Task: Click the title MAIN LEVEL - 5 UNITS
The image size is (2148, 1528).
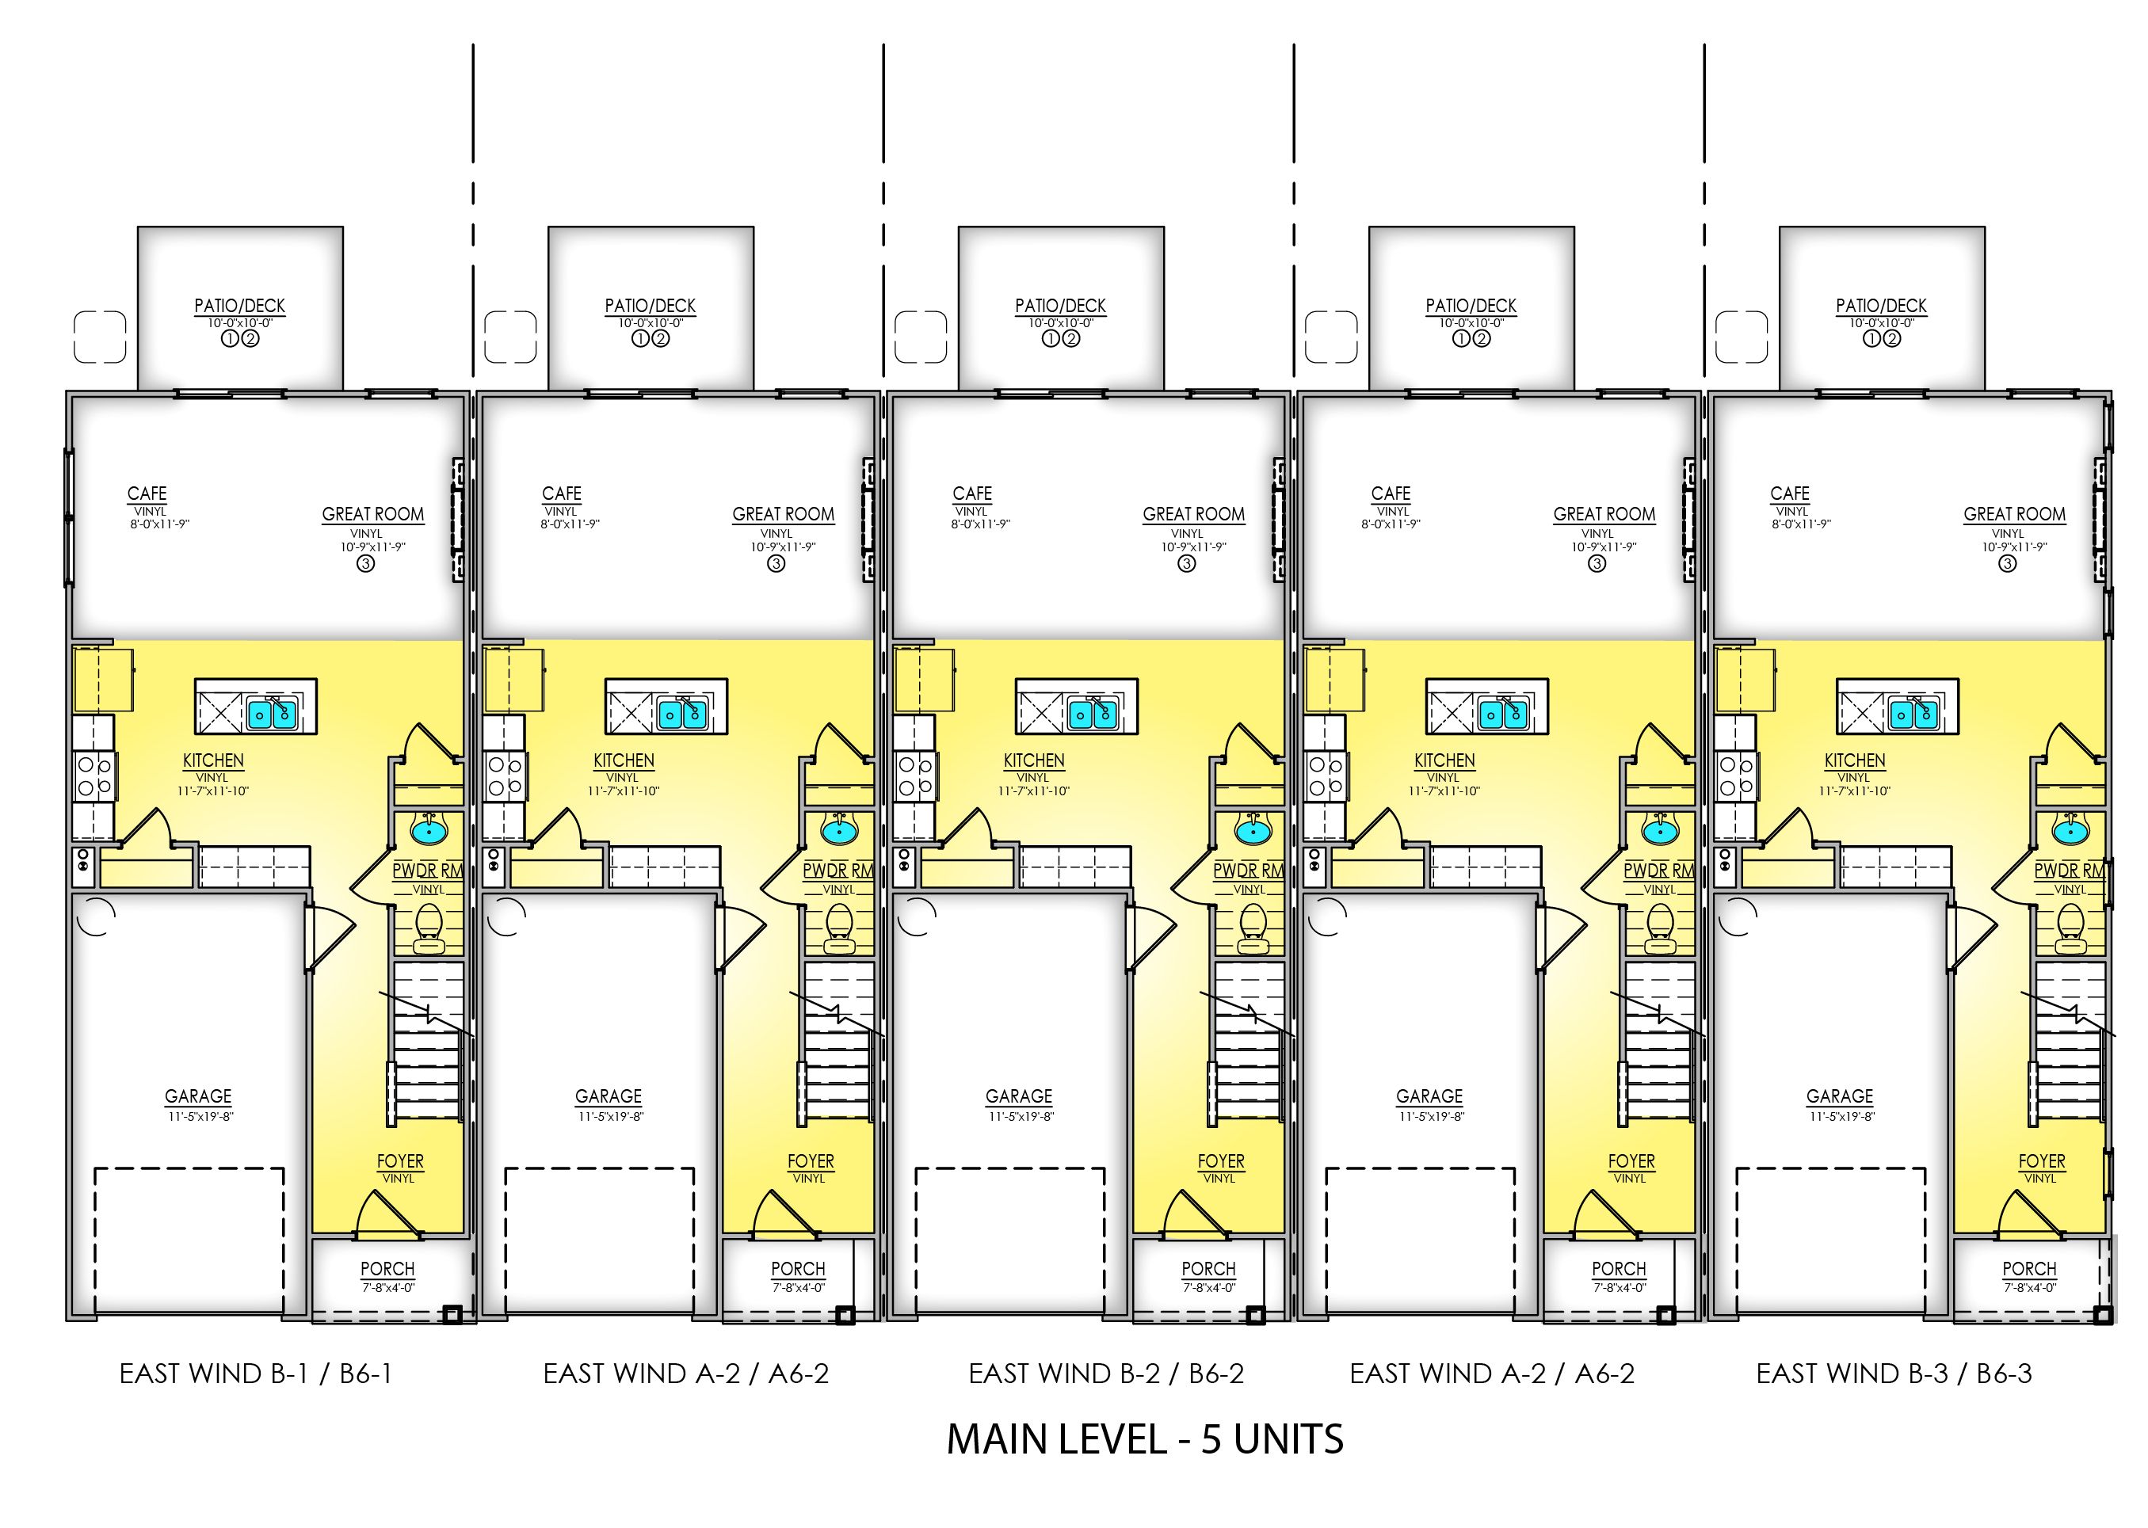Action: point(1144,1439)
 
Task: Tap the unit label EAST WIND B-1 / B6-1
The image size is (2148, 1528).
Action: point(255,1374)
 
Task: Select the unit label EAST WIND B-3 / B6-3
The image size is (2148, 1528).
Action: point(1893,1374)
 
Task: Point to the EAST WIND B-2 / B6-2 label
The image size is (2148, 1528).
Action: point(1105,1374)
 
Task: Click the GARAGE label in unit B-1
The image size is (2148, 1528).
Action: point(197,1096)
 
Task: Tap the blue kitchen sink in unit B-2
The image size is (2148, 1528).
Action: point(1093,715)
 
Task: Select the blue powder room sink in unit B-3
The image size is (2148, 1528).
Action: point(2070,831)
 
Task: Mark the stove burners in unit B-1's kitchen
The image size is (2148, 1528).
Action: point(93,776)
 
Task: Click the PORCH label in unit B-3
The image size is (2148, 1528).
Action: point(2028,1269)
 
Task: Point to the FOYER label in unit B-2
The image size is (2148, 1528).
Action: point(1220,1162)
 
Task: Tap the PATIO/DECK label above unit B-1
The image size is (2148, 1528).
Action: point(240,306)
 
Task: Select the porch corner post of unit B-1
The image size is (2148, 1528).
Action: point(452,1314)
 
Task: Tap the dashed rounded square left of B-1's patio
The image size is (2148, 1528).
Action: point(100,337)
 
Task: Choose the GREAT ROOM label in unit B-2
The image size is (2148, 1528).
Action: point(1193,515)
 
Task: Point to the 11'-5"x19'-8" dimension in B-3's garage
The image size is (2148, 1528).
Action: point(1841,1117)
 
